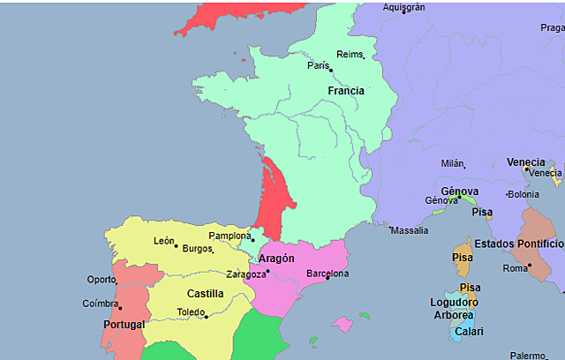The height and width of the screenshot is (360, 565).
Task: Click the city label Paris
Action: pyautogui.click(x=318, y=65)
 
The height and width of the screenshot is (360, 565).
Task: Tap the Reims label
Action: pyautogui.click(x=350, y=54)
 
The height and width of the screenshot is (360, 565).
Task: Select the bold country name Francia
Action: pyautogui.click(x=345, y=91)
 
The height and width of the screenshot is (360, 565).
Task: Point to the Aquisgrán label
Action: pyautogui.click(x=404, y=7)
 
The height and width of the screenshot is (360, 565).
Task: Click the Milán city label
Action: pyautogui.click(x=452, y=163)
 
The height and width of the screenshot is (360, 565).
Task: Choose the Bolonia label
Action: pyautogui.click(x=523, y=194)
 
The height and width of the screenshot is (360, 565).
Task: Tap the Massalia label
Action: pyautogui.click(x=410, y=230)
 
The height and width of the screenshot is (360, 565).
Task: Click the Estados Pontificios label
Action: pyautogui.click(x=518, y=244)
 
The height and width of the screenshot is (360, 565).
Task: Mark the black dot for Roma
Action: pyautogui.click(x=530, y=266)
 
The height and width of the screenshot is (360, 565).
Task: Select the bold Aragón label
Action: pyautogui.click(x=276, y=259)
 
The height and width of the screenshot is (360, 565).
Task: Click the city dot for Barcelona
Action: pyautogui.click(x=328, y=279)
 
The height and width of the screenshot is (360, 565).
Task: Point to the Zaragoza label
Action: pyautogui.click(x=245, y=274)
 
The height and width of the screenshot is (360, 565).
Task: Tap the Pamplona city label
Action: pyautogui.click(x=230, y=236)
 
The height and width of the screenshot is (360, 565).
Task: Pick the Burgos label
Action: pyautogui.click(x=198, y=249)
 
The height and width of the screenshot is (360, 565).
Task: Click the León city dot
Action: pyautogui.click(x=176, y=246)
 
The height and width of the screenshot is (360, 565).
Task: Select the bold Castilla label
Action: pyautogui.click(x=205, y=294)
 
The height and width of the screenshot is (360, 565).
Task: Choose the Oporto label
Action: pyautogui.click(x=102, y=280)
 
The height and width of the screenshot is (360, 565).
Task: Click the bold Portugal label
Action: pyautogui.click(x=124, y=325)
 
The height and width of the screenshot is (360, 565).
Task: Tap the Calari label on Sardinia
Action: pyautogui.click(x=469, y=332)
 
